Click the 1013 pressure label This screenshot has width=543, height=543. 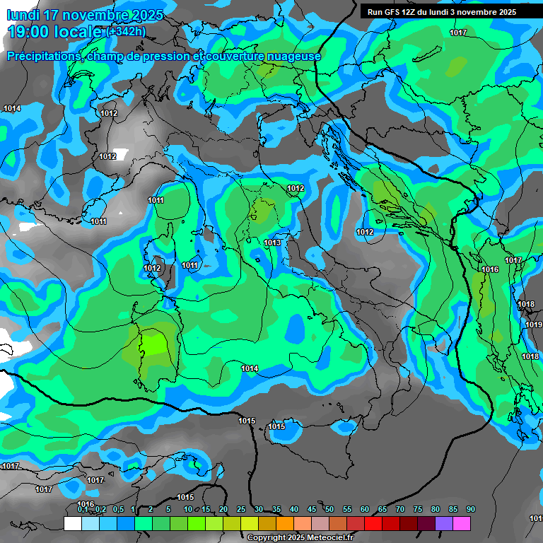[x=272, y=243]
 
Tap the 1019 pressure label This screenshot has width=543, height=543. [x=533, y=325]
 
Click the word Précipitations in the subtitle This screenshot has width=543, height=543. [x=45, y=57]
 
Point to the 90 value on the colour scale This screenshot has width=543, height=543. [x=470, y=510]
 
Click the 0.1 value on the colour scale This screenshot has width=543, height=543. [x=82, y=510]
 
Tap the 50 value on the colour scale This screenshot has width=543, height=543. [x=329, y=510]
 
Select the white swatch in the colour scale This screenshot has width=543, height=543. [x=72, y=523]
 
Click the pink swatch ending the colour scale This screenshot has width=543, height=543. [x=461, y=523]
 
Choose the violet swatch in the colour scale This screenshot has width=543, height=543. [x=443, y=523]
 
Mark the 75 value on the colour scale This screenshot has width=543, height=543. [x=417, y=510]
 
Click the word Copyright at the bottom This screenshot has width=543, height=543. [x=266, y=538]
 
